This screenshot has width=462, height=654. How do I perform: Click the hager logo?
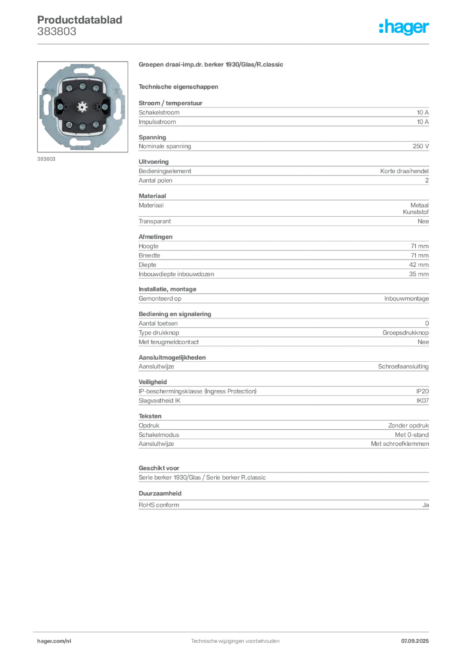pos(404,27)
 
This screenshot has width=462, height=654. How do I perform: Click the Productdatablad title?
pos(80,20)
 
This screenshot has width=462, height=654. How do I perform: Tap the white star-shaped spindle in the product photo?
pos(82,107)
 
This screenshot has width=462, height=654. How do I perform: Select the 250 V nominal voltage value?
pos(421,146)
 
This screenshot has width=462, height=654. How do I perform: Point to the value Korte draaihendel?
pos(405,171)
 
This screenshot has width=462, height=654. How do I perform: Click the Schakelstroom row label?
pos(159,112)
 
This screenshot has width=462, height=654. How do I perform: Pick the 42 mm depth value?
pos(419,265)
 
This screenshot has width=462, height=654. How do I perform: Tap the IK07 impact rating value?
pos(422,401)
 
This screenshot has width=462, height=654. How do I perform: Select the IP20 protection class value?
pos(422,392)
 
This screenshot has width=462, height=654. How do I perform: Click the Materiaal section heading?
pos(153,196)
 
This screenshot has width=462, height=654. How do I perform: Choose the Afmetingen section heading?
pos(156,237)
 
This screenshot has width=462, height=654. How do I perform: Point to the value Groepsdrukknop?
pos(405,333)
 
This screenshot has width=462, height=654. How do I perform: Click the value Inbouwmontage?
pos(406,299)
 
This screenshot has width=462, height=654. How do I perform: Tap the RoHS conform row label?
pos(159,505)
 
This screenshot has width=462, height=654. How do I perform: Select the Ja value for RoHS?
pos(426,505)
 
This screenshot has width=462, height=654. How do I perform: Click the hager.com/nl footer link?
pos(54,641)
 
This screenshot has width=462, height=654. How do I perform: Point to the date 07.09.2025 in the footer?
pos(415,641)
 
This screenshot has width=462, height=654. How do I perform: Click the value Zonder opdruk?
pos(408,425)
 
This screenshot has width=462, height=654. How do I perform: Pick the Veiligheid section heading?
pos(153,382)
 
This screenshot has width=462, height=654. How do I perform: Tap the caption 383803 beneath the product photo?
pos(46,159)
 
